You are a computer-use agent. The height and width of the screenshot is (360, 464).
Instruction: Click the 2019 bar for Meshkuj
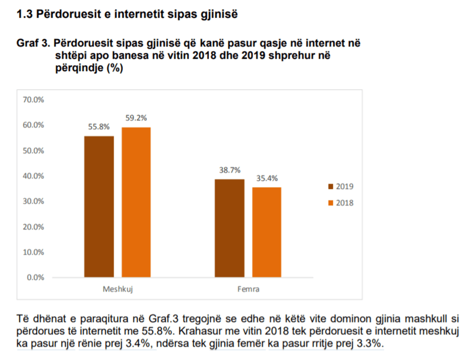pyautogui.click(x=99, y=207)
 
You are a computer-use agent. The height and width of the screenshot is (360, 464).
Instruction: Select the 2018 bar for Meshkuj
pyautogui.click(x=136, y=202)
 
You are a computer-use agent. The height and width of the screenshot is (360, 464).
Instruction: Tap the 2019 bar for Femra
pyautogui.click(x=230, y=228)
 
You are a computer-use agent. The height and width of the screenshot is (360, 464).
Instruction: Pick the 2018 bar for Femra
pyautogui.click(x=267, y=232)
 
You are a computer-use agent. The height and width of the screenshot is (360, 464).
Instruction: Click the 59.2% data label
pyautogui.click(x=136, y=118)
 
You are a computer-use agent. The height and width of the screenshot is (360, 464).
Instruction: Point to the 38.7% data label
pyautogui.click(x=230, y=170)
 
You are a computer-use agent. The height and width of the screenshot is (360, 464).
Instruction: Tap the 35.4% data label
pyautogui.click(x=267, y=178)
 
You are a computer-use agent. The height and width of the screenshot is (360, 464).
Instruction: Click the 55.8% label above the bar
pyautogui.click(x=99, y=126)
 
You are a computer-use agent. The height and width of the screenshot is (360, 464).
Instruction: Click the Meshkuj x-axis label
pyautogui.click(x=117, y=289)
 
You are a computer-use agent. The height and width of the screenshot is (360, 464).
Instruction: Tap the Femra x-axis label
pyautogui.click(x=248, y=289)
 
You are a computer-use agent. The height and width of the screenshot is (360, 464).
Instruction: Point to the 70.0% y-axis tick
pyautogui.click(x=33, y=100)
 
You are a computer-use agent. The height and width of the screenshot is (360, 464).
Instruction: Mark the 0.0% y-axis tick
pyautogui.click(x=35, y=277)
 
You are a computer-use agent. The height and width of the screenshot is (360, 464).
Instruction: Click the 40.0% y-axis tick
pyautogui.click(x=33, y=176)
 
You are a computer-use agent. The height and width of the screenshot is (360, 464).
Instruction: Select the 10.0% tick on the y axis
pyautogui.click(x=33, y=252)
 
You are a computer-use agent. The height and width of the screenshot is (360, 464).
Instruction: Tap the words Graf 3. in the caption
pyautogui.click(x=33, y=44)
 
